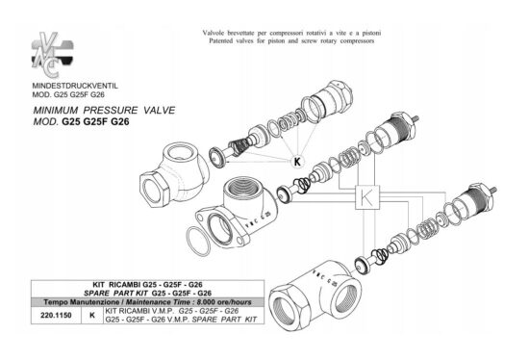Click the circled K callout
click(x=296, y=162)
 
